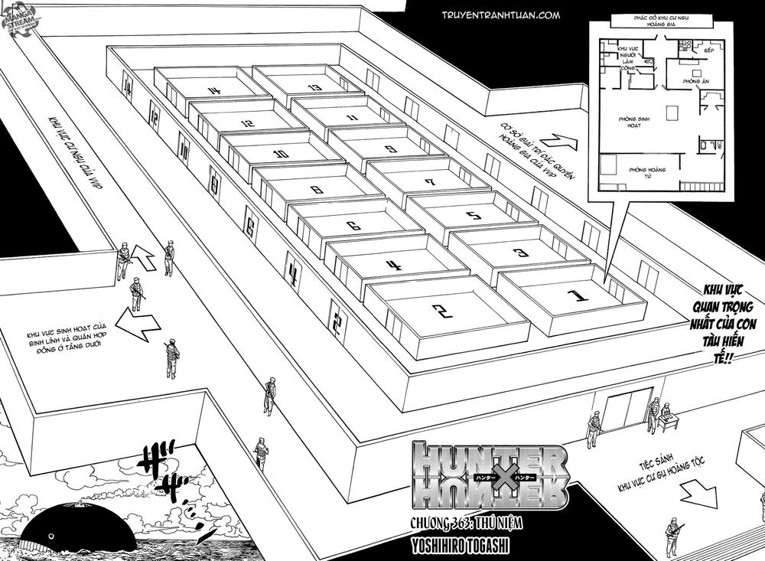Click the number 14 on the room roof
214,91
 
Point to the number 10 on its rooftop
281,154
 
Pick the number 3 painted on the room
520,252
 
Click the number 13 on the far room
314,87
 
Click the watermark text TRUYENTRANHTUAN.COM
500,15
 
